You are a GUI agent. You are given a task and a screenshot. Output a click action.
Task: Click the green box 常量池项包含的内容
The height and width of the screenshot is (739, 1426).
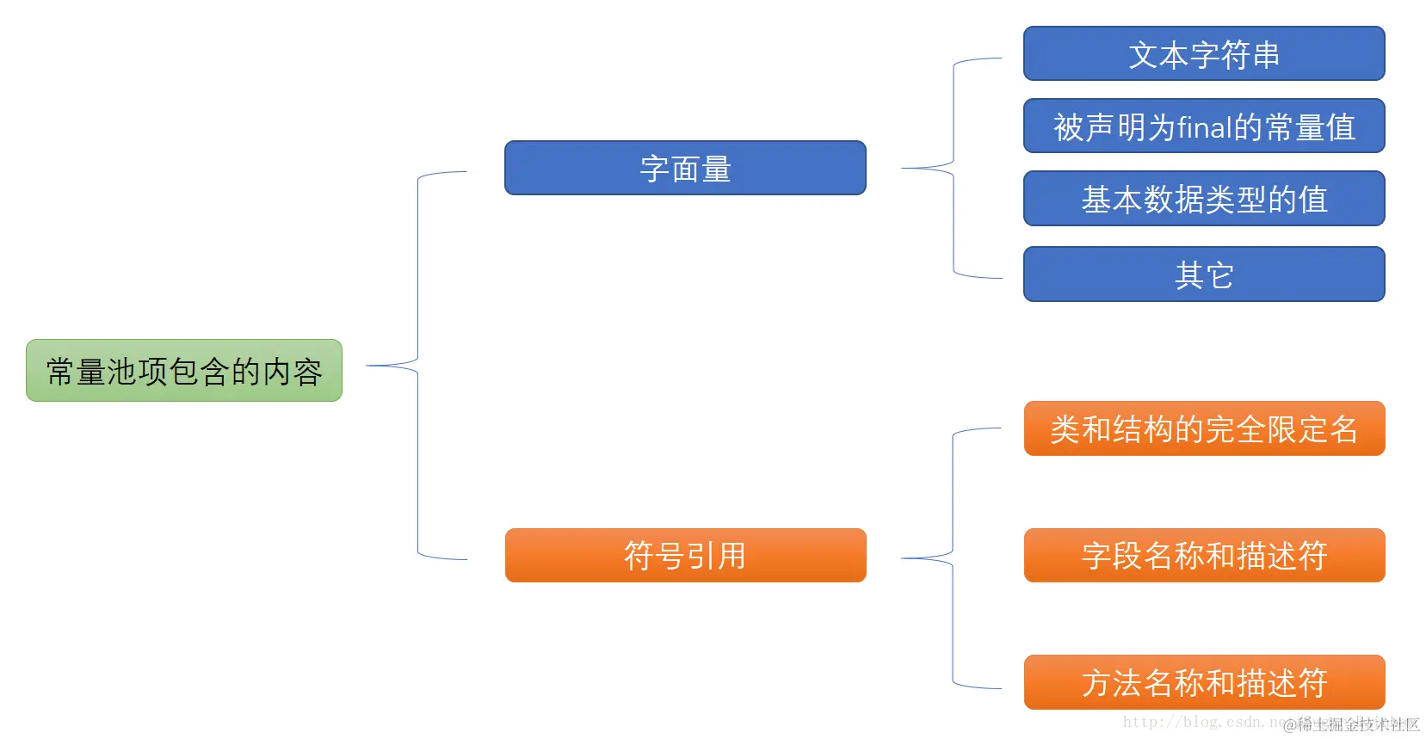click(184, 371)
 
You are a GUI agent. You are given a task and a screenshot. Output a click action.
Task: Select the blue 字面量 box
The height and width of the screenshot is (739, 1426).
click(685, 169)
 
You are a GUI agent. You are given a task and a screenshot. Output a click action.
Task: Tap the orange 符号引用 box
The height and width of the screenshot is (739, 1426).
click(685, 556)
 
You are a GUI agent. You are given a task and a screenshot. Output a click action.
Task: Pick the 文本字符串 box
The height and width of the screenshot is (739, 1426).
click(1204, 54)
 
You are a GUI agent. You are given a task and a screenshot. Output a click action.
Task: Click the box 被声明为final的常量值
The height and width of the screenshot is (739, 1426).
click(1204, 126)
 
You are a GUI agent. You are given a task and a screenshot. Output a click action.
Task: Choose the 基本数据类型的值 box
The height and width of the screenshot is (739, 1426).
click(1204, 199)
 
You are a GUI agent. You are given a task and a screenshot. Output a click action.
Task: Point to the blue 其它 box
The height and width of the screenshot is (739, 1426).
click(1204, 274)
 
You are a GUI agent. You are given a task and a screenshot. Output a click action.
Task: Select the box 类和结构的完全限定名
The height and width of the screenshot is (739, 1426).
click(1204, 428)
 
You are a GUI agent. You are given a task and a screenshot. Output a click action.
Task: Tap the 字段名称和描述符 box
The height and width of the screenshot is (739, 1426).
click(1204, 556)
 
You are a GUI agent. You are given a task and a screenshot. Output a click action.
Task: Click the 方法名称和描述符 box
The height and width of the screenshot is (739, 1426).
click(1204, 682)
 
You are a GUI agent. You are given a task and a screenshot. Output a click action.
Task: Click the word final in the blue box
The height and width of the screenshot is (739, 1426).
click(1205, 127)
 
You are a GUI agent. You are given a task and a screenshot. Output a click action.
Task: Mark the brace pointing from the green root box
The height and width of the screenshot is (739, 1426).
click(417, 366)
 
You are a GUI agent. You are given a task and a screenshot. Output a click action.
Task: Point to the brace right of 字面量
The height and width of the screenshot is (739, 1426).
click(954, 168)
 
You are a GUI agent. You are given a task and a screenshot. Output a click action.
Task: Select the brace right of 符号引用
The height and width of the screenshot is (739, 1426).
click(953, 558)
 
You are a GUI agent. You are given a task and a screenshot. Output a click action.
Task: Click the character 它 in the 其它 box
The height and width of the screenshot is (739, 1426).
click(1219, 275)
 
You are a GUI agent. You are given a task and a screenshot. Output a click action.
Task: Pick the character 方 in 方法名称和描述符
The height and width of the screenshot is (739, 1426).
click(1097, 683)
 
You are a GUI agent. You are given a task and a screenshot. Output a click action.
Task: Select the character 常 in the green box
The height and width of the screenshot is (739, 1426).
click(61, 372)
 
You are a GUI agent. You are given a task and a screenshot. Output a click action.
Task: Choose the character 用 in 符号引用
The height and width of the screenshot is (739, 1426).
click(732, 556)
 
